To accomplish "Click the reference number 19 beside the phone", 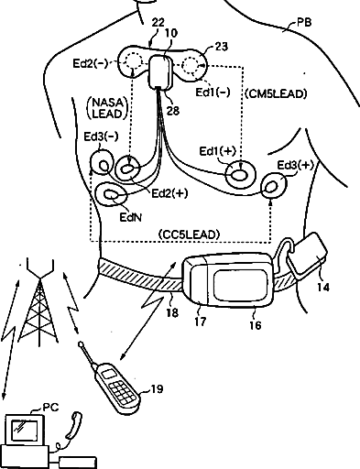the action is tap(157, 389).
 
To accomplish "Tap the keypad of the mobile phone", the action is tap(123, 391).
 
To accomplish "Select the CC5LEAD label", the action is tap(190, 234).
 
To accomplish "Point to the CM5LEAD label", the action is tap(276, 93).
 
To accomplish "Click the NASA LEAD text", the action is tap(107, 108).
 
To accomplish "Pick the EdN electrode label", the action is tap(131, 217).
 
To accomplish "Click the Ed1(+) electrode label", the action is tap(218, 151).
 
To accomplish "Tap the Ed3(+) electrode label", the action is tap(295, 165).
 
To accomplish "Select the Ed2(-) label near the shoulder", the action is tap(91, 63).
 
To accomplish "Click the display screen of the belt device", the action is tap(240, 286).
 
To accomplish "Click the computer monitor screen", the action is tap(25, 430).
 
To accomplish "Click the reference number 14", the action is tap(323, 288).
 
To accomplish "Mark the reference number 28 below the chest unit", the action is tap(172, 111).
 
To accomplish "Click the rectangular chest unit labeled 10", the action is tap(160, 72).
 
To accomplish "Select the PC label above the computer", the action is tap(50, 408).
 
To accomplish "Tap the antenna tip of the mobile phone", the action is tap(81, 344).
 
